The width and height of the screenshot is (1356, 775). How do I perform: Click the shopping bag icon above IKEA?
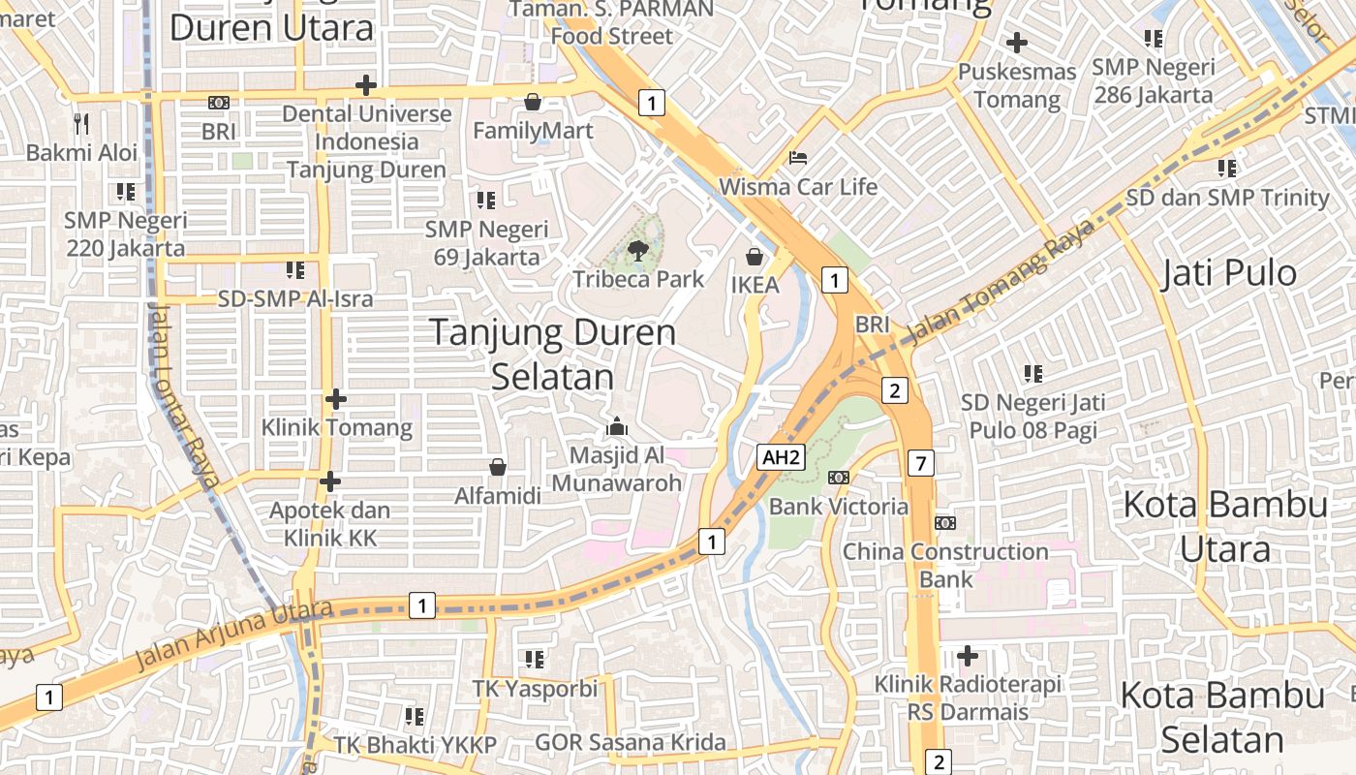[x=755, y=257]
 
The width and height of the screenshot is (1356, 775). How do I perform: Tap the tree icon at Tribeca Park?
[x=638, y=252]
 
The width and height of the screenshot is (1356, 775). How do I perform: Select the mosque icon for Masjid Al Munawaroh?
[x=617, y=426]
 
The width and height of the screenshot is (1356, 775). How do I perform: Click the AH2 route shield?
[x=782, y=457]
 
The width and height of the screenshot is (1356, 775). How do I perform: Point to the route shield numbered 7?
[x=920, y=463]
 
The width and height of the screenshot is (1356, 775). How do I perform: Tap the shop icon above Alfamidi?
[x=498, y=468]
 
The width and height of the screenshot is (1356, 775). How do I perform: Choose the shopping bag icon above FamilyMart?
[x=533, y=102]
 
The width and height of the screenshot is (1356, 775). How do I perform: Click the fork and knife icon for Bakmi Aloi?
[x=81, y=124]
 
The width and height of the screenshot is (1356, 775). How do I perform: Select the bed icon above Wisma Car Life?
[x=798, y=157]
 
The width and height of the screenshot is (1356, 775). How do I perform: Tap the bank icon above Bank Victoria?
[x=839, y=478]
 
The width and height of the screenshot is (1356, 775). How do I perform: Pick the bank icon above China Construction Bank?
[x=944, y=523]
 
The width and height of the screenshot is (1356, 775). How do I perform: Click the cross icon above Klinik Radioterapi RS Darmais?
[x=967, y=656]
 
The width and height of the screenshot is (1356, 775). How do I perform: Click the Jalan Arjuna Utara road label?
[x=235, y=634]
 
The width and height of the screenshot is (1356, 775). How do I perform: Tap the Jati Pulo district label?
[x=1229, y=273]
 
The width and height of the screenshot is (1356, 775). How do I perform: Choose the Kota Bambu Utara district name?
[x=1225, y=526]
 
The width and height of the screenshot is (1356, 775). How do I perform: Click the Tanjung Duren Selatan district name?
[x=553, y=354]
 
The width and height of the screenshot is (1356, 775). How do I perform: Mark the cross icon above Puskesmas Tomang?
[x=1016, y=43]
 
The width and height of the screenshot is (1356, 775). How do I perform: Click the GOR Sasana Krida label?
[x=631, y=743]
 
